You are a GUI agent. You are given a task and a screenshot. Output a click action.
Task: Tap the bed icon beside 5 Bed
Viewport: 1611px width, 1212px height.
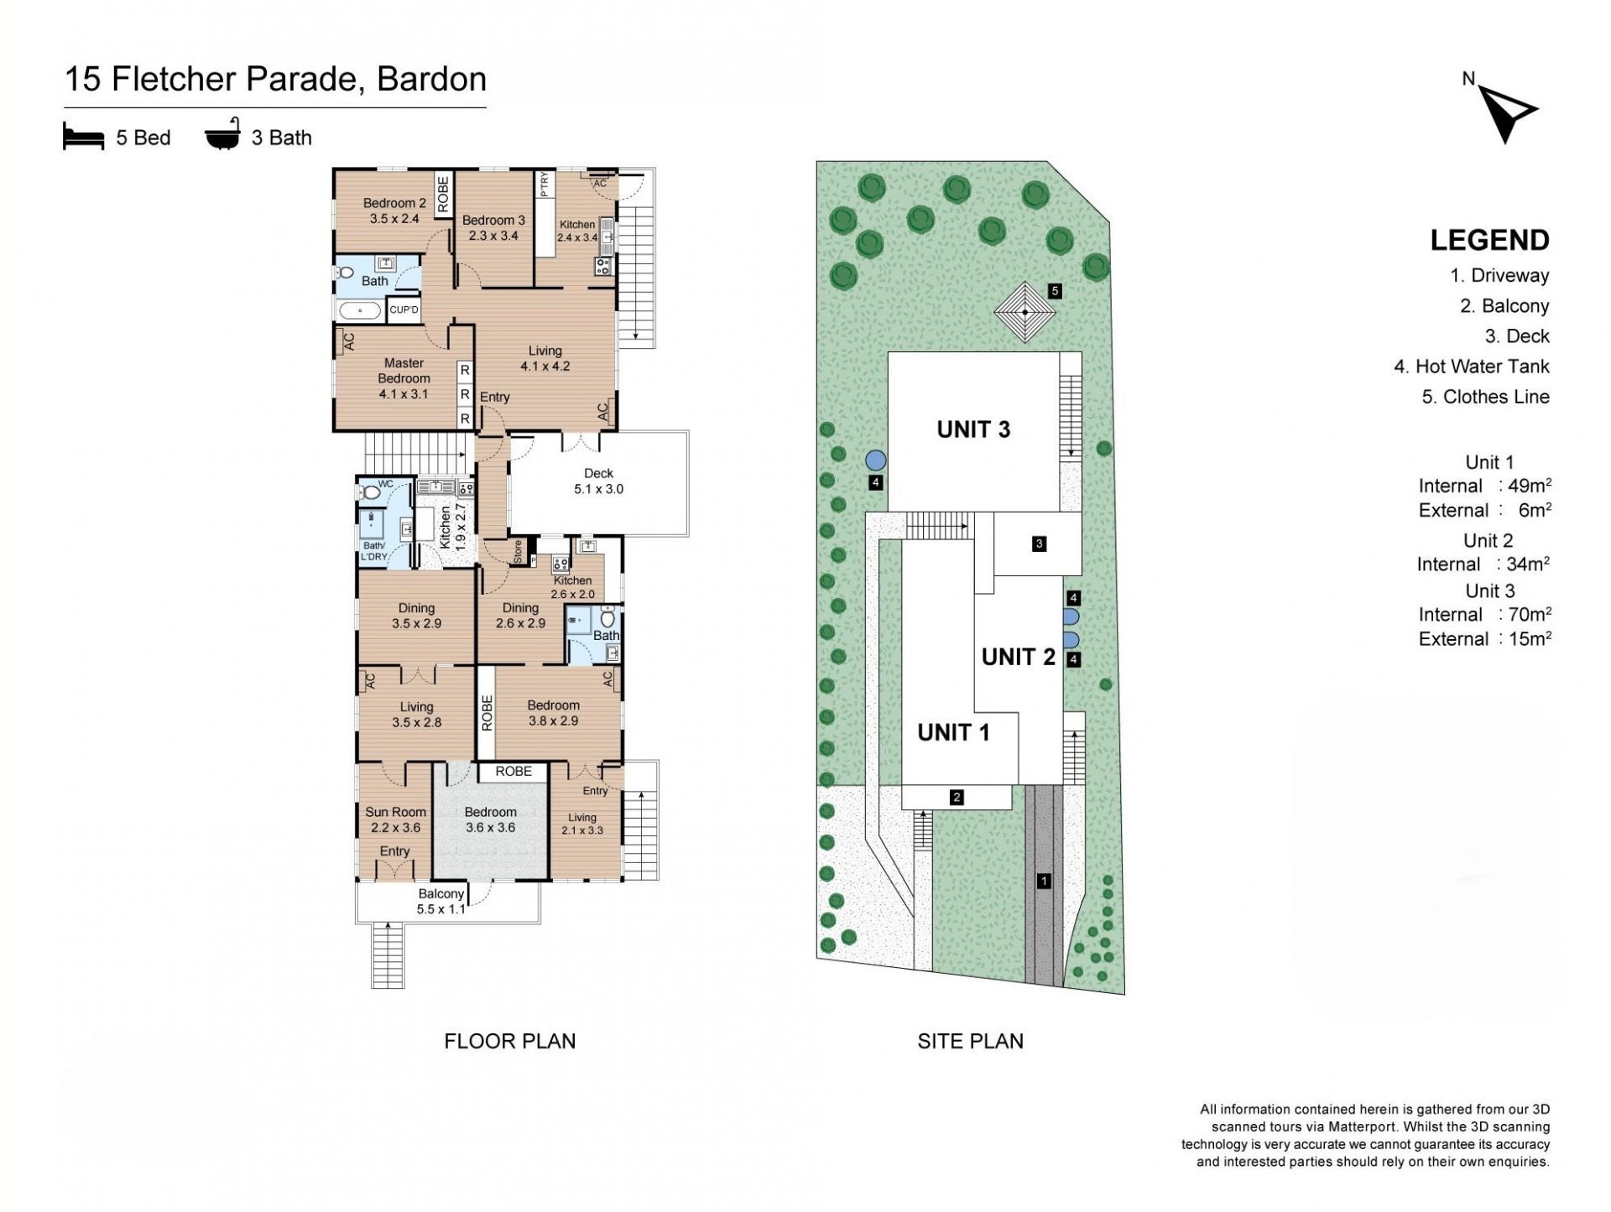(83, 137)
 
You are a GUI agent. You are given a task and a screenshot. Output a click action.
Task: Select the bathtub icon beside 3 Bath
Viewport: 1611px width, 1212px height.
(223, 134)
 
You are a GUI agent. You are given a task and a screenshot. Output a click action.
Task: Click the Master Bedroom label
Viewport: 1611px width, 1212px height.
(404, 371)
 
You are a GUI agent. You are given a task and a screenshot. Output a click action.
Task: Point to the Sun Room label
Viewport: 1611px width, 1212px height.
(395, 812)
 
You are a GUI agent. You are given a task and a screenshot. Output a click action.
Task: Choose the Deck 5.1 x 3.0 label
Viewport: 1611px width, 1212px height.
(598, 481)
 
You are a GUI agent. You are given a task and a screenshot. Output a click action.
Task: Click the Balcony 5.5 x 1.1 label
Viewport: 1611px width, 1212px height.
(441, 902)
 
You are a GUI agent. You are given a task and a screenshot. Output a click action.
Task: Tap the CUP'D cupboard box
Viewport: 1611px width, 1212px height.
(404, 310)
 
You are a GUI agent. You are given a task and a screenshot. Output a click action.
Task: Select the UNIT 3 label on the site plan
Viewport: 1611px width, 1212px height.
(973, 429)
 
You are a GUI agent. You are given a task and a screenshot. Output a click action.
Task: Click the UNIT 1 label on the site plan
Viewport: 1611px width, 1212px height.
(953, 732)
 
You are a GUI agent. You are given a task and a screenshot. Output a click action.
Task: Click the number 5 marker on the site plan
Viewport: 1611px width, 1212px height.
(1055, 291)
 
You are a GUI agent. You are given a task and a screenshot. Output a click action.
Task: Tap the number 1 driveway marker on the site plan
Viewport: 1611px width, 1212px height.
(1044, 881)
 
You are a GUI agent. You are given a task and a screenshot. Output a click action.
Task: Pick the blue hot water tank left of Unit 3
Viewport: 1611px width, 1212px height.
(875, 460)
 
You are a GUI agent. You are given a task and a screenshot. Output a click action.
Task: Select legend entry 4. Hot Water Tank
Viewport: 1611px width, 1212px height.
(1472, 367)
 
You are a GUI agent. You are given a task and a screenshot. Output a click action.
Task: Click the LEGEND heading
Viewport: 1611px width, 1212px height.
(1489, 241)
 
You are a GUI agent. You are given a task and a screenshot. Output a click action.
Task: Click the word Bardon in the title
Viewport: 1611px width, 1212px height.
(431, 79)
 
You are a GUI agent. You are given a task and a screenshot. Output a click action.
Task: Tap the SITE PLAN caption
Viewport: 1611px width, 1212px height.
(970, 1041)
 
